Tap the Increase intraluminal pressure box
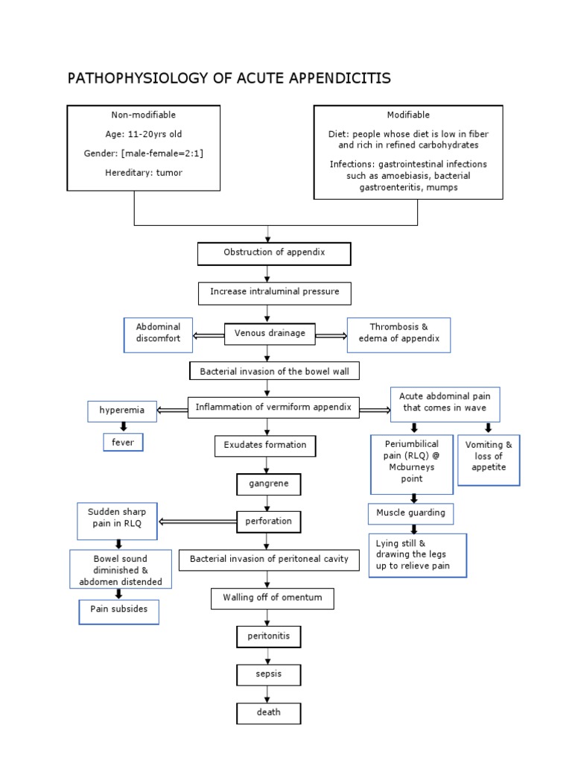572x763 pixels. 274,292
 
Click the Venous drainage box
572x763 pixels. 270,333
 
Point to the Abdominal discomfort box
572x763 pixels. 158,334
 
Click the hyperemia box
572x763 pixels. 122,411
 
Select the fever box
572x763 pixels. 122,442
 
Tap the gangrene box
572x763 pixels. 268,484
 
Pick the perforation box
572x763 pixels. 268,522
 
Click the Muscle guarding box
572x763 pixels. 410,513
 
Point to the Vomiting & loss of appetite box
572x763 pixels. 489,456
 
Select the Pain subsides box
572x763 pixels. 119,610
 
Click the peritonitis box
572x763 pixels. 268,636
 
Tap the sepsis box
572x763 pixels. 268,674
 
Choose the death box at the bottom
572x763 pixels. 268,712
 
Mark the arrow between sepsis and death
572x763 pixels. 268,694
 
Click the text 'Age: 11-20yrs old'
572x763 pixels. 143,134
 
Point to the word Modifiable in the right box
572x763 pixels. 408,115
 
